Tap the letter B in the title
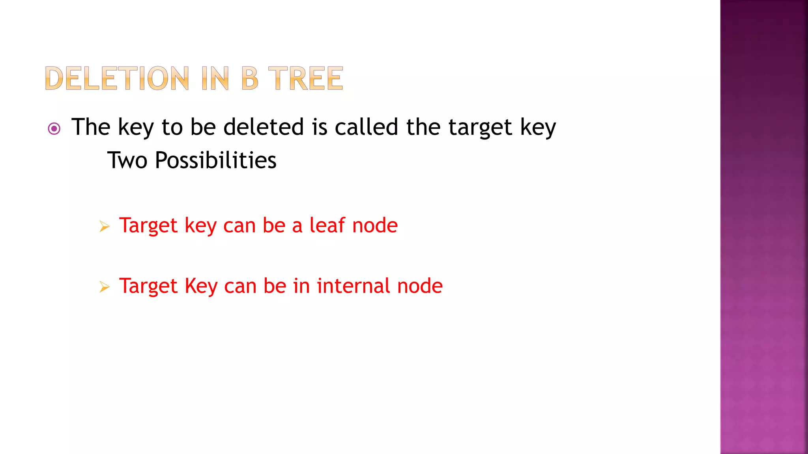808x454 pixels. tap(250, 78)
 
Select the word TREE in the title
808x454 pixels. tap(306, 78)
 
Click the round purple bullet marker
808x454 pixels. tap(54, 128)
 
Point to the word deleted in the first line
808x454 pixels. tap(264, 127)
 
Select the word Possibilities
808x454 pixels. tap(215, 160)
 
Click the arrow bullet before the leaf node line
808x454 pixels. tap(104, 226)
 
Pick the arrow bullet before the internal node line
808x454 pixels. tap(104, 287)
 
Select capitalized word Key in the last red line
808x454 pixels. tap(201, 287)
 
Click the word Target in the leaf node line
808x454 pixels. tap(148, 226)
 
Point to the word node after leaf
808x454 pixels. tap(375, 226)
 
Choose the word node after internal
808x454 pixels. tap(420, 286)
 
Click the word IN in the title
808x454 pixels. tap(215, 78)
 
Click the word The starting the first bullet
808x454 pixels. tap(91, 127)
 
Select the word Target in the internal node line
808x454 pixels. tap(148, 287)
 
